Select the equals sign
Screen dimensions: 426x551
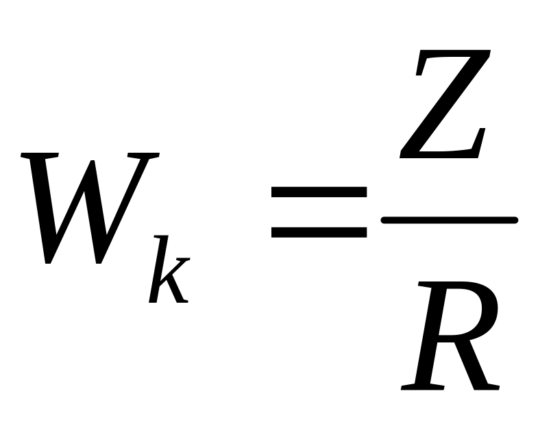pos(319,212)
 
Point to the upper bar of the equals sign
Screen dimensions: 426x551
pos(319,193)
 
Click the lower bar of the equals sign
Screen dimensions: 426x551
pos(319,232)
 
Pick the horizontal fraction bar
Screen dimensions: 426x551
pos(449,220)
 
